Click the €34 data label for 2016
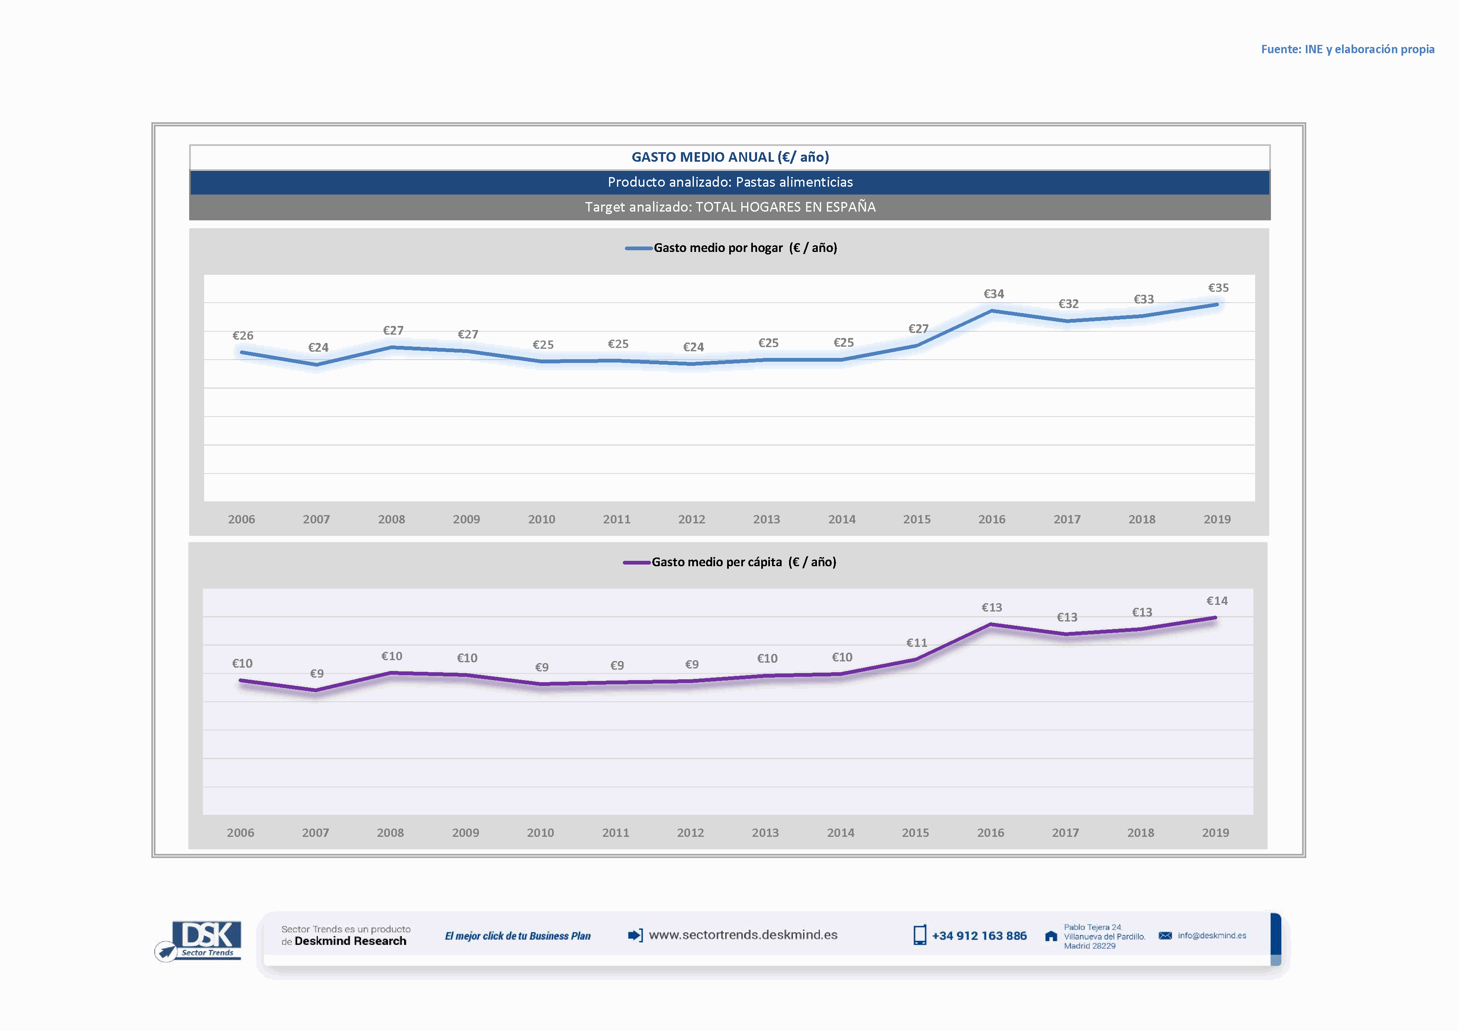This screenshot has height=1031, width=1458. coord(994,294)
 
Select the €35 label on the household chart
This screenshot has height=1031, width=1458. coord(1218,288)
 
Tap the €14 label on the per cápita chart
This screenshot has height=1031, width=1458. coord(1217,601)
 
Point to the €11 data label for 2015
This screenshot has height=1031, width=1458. coord(916,642)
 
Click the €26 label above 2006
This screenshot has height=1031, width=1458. coord(242,335)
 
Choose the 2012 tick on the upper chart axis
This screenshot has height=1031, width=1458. coord(691,519)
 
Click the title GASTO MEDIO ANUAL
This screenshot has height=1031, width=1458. coord(730,157)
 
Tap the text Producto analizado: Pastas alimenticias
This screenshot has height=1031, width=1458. coord(730,182)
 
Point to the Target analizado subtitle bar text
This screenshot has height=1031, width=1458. coord(730,207)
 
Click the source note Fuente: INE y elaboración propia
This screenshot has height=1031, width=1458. coord(1347,49)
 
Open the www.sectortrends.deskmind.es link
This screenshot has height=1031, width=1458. coord(743,935)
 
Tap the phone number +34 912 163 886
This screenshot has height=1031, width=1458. coord(979,936)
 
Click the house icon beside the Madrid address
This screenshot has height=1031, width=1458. coord(1051,936)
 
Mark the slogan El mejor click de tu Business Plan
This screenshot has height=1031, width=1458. coord(518,936)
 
